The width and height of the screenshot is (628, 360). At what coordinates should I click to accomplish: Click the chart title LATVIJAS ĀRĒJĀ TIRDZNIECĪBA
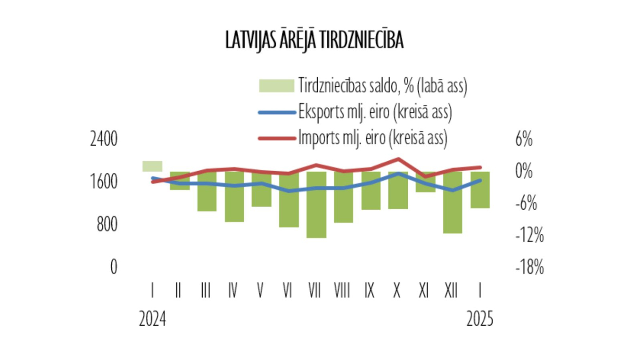coord(314,40)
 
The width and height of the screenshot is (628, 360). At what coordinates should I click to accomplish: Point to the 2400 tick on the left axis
coord(104,139)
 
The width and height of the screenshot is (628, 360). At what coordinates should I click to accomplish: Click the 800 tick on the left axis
coord(107,224)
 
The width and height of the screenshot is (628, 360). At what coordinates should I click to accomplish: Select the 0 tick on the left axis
coord(113,267)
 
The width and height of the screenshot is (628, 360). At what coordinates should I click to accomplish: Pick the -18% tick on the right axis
coord(530,267)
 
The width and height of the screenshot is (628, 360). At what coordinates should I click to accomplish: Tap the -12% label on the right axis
coord(530,235)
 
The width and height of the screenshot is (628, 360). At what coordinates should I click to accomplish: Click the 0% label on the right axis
coord(524,171)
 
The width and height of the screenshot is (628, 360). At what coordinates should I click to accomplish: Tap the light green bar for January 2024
coord(152,166)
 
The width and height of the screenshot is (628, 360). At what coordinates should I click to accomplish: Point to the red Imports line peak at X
coord(398,159)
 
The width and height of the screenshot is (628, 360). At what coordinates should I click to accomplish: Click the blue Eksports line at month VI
coord(288,191)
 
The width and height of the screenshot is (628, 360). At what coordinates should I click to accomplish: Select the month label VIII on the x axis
coord(342,290)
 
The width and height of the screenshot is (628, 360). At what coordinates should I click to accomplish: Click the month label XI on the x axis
coord(424,290)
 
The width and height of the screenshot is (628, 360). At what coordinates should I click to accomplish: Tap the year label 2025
coord(480,319)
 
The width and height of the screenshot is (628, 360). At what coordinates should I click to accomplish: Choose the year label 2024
coord(152,319)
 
